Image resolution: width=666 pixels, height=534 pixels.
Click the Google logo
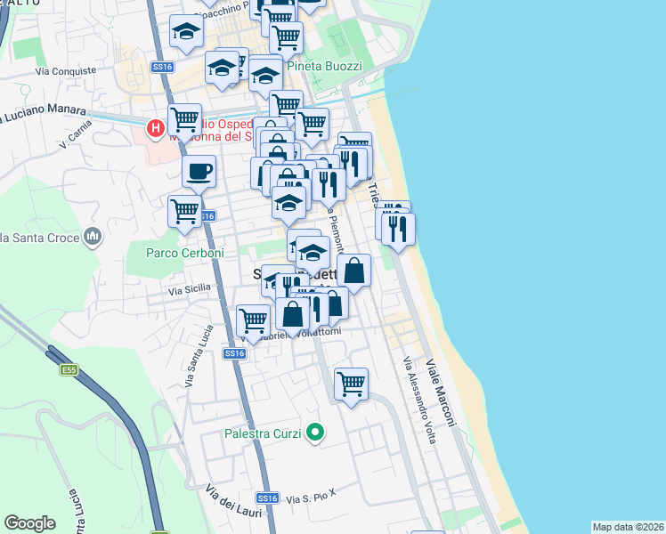(x=30, y=523)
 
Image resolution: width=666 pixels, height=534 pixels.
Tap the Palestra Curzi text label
(x=264, y=434)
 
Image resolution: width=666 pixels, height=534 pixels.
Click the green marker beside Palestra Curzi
(x=314, y=433)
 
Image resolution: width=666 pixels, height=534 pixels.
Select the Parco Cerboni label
(x=174, y=253)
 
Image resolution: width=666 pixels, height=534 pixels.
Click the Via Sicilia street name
(x=190, y=289)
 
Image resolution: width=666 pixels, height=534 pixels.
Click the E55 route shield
(x=69, y=369)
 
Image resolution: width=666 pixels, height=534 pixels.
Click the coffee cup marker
(x=199, y=170)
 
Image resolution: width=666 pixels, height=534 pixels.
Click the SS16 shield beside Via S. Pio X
(x=267, y=498)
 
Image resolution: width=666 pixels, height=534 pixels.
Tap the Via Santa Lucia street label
(x=198, y=364)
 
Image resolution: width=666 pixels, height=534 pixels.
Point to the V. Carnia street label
(x=75, y=139)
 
